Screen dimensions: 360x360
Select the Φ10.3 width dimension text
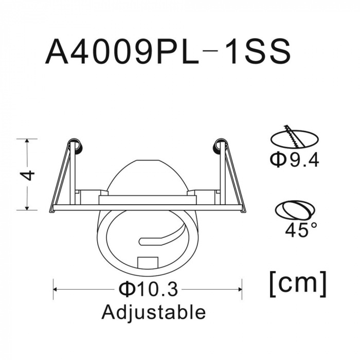[148, 289]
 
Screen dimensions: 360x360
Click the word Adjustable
[153, 313]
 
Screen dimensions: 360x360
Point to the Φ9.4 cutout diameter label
[294, 160]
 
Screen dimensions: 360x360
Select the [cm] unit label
[298, 284]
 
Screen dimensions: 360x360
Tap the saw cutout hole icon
[295, 137]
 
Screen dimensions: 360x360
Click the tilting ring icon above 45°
[295, 210]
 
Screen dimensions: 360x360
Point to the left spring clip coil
[76, 147]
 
